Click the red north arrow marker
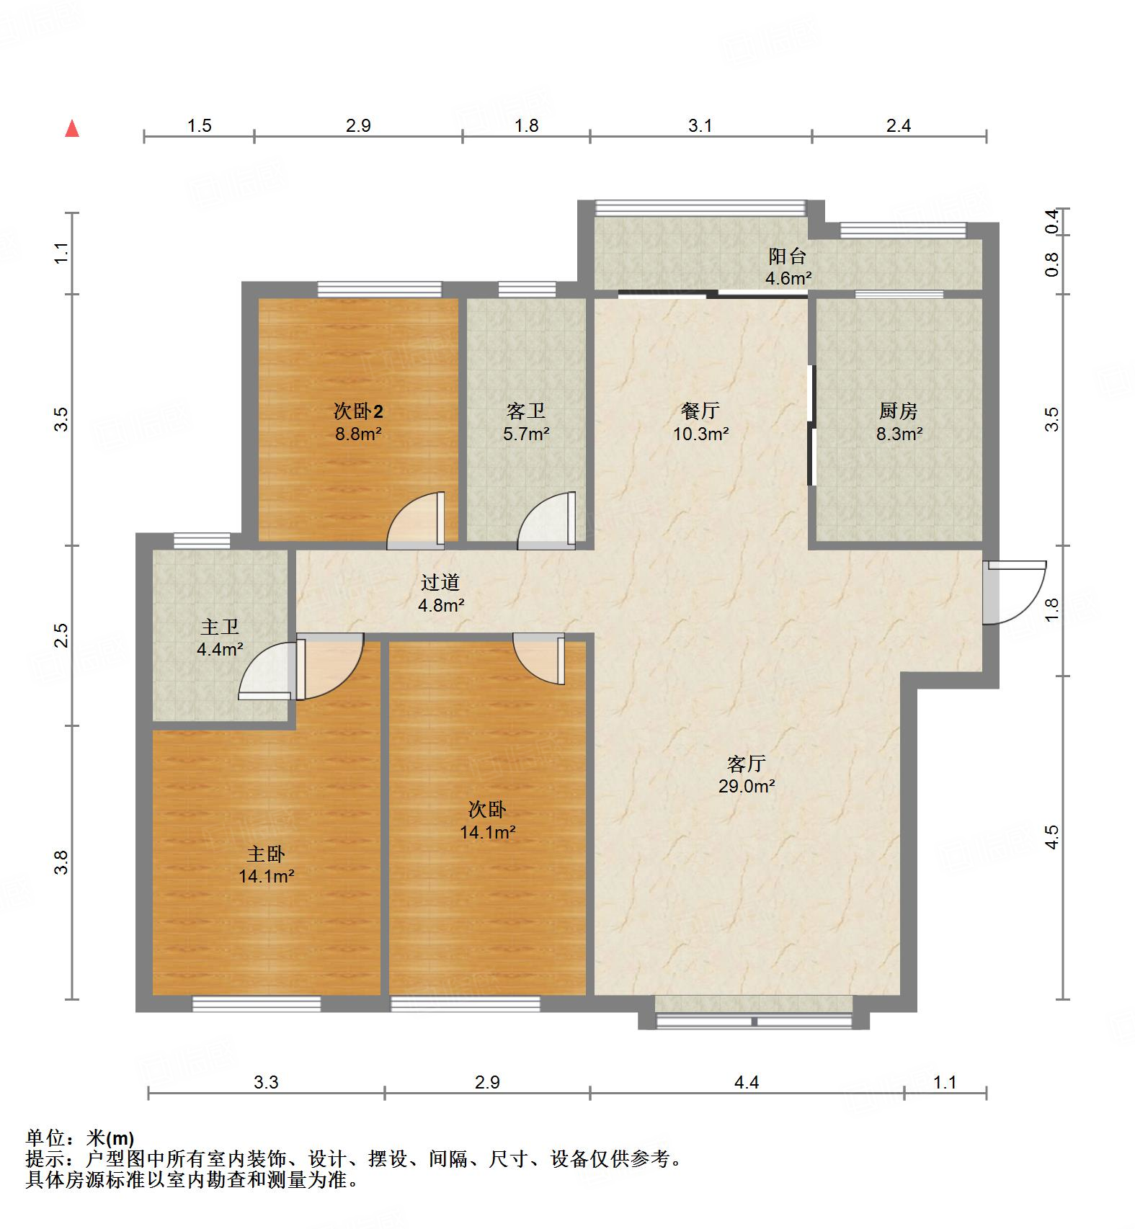(x=72, y=129)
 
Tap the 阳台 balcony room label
(x=787, y=256)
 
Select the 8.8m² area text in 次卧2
(x=357, y=434)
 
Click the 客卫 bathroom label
(x=525, y=411)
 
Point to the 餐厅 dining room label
(x=700, y=411)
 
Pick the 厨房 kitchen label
(x=898, y=411)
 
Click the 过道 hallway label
(x=440, y=582)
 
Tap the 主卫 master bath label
(x=220, y=627)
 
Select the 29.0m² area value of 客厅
(x=747, y=786)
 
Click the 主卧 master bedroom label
(x=266, y=854)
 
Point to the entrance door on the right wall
(x=1014, y=592)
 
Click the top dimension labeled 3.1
(x=700, y=126)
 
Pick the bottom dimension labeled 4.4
(x=747, y=1082)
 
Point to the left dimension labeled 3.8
(x=62, y=862)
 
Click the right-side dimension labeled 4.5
(x=1052, y=837)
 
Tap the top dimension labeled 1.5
(x=200, y=126)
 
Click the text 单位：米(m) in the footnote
(x=80, y=1138)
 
